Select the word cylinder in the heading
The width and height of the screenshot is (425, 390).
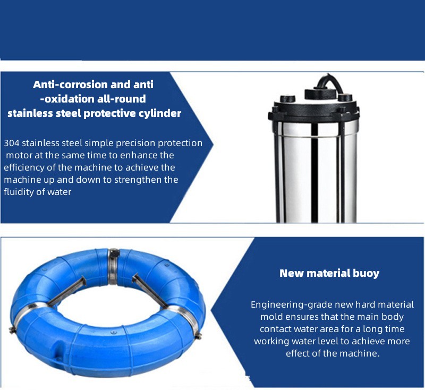[158, 113]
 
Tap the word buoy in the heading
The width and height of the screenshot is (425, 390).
[367, 273]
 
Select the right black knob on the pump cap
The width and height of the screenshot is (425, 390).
[345, 97]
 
